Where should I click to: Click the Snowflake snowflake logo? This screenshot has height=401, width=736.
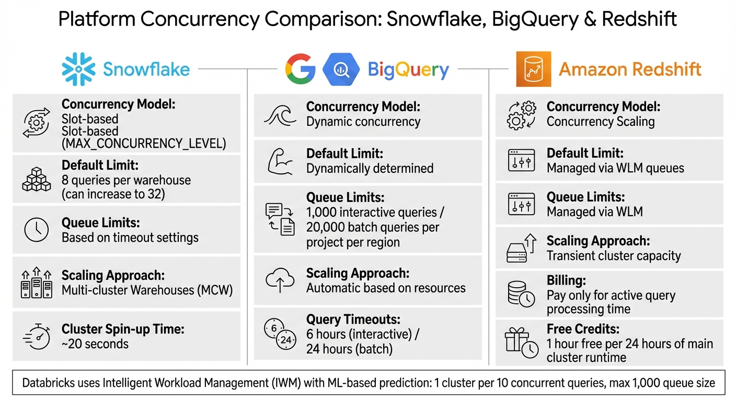pos(79,69)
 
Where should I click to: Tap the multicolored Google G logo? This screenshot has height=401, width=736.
pos(300,69)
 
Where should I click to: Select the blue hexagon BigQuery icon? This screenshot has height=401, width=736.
pos(341,69)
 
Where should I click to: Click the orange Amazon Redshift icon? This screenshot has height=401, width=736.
pos(533,69)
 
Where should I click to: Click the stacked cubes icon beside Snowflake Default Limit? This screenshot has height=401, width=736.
pos(37,179)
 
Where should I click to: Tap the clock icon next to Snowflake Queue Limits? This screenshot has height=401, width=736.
pos(37,230)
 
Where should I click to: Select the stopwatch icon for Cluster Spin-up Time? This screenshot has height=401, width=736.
pos(37,336)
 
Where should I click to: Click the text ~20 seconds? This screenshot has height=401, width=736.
pos(95,344)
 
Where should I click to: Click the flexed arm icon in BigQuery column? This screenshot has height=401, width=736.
pos(280,161)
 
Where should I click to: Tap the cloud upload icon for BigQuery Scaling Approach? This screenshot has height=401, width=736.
pos(280,280)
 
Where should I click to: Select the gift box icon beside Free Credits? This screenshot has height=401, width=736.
pos(521,343)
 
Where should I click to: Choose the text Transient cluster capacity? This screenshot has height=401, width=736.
pos(614,256)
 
